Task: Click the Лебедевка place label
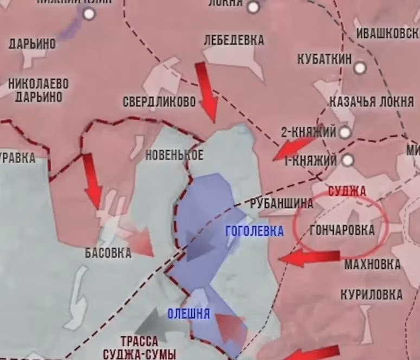234,40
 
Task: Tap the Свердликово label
159,101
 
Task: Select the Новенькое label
174,155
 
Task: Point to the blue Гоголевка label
254,232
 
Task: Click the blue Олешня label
188,314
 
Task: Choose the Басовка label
108,253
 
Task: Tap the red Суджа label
347,191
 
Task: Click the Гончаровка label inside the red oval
342,230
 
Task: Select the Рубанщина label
282,204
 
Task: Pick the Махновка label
372,265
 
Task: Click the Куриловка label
372,295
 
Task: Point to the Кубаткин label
324,59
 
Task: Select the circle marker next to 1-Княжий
348,160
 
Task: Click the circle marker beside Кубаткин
360,68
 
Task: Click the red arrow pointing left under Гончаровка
309,258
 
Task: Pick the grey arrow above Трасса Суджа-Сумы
154,324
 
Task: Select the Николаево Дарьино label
39,91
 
